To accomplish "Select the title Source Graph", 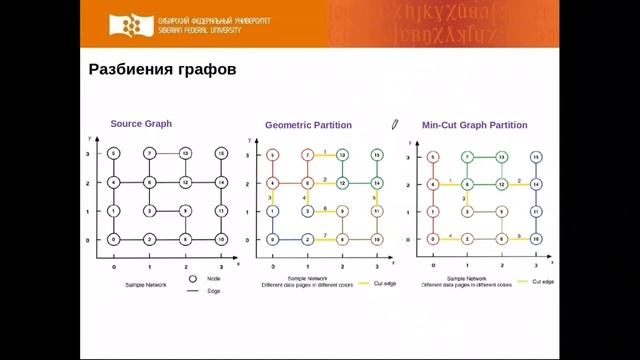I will click(141, 124).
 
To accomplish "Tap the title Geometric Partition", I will click(305, 125).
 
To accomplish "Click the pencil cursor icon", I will click(395, 124).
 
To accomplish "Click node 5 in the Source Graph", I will click(114, 153).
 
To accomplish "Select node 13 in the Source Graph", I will click(184, 153).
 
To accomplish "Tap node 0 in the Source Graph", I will click(114, 240).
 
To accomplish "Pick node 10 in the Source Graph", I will click(220, 240).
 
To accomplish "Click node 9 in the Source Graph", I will click(184, 211).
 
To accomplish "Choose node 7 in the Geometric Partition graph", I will click(308, 155).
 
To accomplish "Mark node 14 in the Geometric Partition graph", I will click(377, 184).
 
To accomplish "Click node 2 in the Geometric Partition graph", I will click(308, 240).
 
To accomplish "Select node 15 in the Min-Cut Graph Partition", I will click(536, 157).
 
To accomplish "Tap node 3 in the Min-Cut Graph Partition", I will click(466, 212).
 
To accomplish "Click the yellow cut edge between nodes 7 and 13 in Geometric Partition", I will click(325, 155).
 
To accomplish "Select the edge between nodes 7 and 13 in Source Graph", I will click(166, 153).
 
